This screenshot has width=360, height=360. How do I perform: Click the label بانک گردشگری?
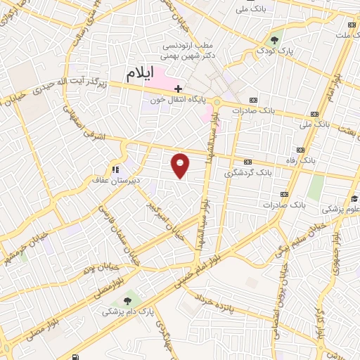(247, 172)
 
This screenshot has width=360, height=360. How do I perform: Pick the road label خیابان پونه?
(98, 269)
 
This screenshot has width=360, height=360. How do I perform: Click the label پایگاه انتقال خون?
(181, 100)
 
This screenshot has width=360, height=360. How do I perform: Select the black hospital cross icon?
(179, 89)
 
